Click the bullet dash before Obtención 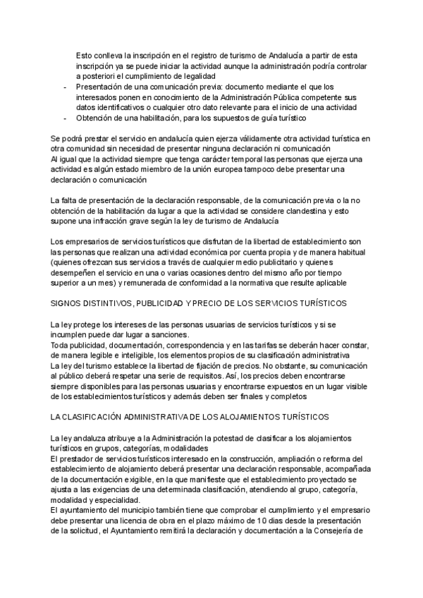coord(65,118)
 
